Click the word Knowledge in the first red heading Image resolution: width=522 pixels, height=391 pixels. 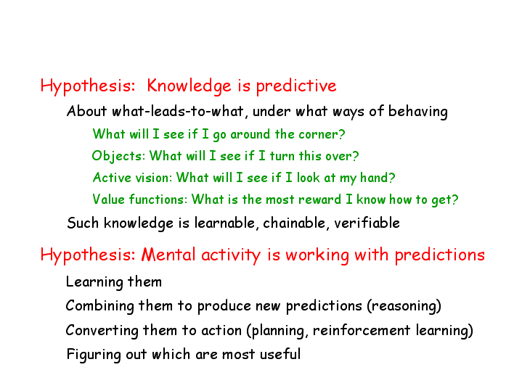[x=189, y=86]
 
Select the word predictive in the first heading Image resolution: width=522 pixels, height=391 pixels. [x=296, y=86]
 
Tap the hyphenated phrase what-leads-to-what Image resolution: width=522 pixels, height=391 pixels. [x=178, y=111]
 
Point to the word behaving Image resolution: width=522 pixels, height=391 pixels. [x=417, y=112]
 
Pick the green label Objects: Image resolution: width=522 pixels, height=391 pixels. [x=118, y=156]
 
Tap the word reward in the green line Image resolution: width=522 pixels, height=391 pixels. [x=320, y=199]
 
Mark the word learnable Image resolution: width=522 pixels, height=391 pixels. [x=225, y=223]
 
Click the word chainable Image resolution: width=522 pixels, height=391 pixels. [x=294, y=223]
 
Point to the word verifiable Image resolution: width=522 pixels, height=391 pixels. [x=367, y=223]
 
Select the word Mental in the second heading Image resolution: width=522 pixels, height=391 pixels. [x=168, y=255]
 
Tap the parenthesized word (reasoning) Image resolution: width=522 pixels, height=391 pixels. [x=404, y=306]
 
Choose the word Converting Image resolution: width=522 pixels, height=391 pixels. [x=102, y=331]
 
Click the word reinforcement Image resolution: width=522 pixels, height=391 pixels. [x=362, y=331]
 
